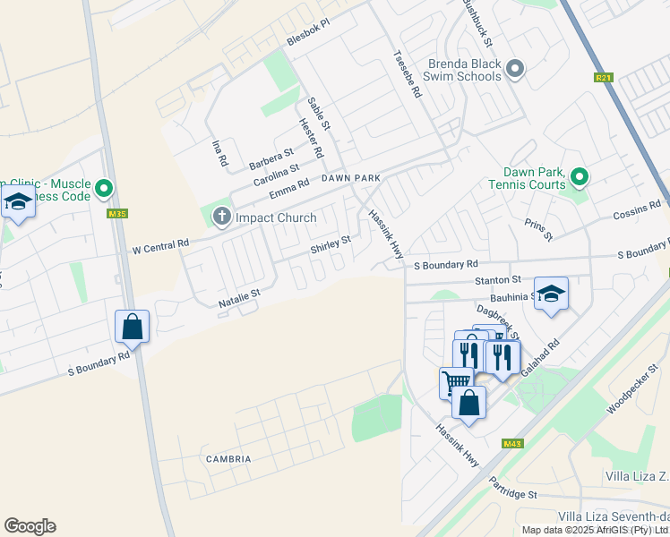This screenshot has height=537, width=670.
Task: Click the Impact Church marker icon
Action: coord(221,217)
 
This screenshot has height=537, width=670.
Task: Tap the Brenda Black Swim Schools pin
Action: coord(514,69)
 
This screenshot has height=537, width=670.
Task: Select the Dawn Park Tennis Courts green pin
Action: coord(580,177)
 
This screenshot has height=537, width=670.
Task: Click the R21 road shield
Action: coord(604,78)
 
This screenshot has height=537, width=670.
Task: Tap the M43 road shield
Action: coord(512,444)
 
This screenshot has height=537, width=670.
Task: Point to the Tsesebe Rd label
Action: coord(407,72)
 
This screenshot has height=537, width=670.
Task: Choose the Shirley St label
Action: coord(330,244)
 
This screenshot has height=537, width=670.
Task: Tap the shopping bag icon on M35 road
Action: coord(133,328)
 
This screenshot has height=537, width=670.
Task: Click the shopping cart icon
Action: coord(456,381)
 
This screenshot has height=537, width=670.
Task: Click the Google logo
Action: coord(30,526)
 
